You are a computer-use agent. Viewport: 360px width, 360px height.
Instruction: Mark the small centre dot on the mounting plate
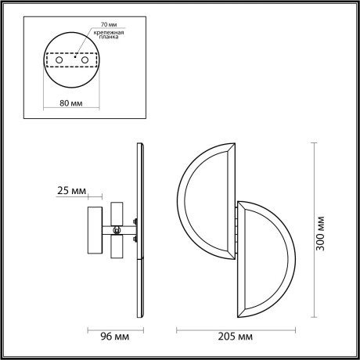[x=73, y=56]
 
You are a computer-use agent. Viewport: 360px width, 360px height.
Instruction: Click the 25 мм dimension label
[x=72, y=190]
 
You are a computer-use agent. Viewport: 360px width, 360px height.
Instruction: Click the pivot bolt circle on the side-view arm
[x=117, y=230]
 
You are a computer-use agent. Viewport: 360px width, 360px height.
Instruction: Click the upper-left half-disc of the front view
[x=205, y=200]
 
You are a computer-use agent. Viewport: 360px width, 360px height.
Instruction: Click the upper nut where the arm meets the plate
[x=135, y=221]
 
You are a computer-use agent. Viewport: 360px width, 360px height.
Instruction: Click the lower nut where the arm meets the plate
[x=135, y=239]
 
